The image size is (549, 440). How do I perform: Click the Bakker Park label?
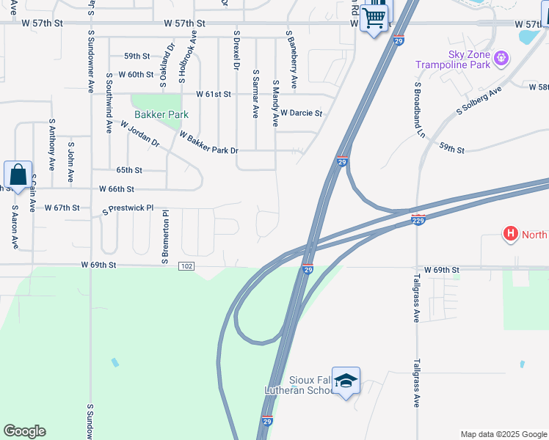click(161, 114)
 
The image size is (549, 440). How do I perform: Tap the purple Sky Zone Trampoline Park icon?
click(502, 56)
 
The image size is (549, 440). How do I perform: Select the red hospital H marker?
click(510, 235)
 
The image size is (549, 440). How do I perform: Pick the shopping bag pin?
click(18, 176)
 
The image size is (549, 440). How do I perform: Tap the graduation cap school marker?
click(346, 381)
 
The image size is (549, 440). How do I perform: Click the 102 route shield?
click(186, 265)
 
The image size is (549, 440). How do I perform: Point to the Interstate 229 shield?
click(418, 220)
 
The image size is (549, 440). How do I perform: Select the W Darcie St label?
click(301, 114)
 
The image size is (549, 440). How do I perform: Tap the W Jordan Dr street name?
click(139, 134)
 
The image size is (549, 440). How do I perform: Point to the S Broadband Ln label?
click(421, 110)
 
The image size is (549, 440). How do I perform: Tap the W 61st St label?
click(213, 95)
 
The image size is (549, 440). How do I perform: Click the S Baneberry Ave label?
click(291, 60)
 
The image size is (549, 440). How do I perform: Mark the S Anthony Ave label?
click(52, 145)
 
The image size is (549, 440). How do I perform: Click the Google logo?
click(24, 431)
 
